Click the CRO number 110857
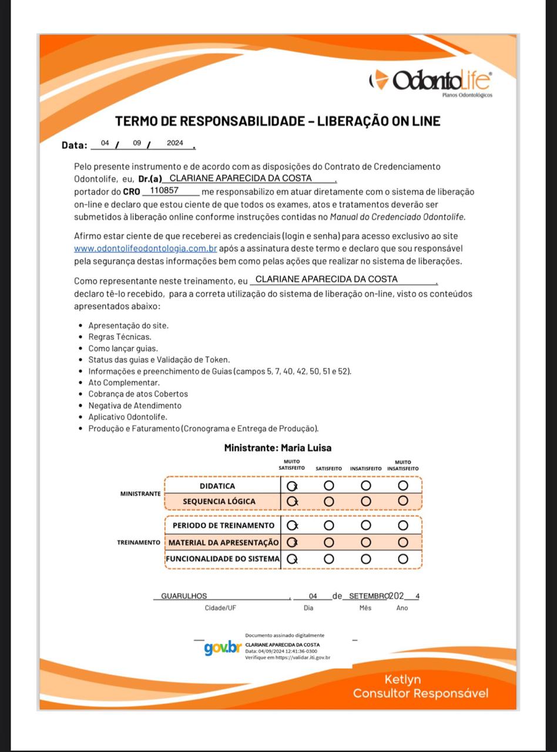pos(165,190)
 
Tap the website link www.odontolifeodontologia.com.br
pos(146,249)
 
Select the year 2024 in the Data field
pos(175,143)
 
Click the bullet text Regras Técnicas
pos(120,337)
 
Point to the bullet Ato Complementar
pos(123,382)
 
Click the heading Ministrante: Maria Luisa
pos(277,448)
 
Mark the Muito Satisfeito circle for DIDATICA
pos(291,486)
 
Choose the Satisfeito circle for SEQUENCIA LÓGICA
pos(328,501)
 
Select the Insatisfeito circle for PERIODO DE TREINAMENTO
pos(365,525)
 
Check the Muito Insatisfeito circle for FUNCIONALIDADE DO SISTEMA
pos(402,559)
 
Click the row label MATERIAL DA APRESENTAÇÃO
pos(223,542)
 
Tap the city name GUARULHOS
pos(184,596)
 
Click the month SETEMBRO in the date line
pos(368,596)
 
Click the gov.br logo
pos(223,648)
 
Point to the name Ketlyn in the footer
pos(402,679)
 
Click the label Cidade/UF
pos(221,608)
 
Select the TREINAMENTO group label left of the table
pos(139,542)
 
